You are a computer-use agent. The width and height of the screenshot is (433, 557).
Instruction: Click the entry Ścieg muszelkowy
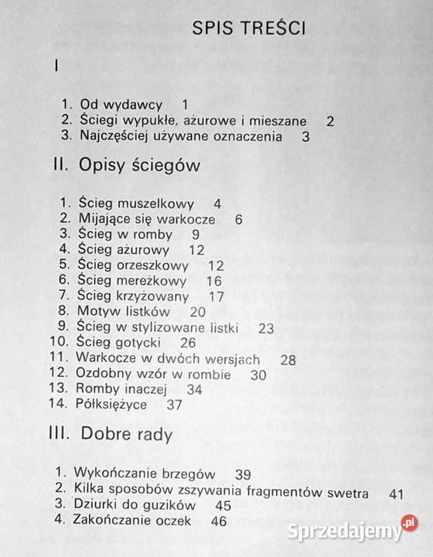coord(135,204)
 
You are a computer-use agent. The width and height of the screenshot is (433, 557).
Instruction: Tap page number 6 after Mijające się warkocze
coord(239,220)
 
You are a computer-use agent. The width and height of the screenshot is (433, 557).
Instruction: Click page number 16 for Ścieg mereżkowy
coord(214,281)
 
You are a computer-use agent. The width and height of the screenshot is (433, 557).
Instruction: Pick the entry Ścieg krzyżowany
coord(134,296)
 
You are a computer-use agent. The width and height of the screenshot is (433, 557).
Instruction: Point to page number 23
coord(266,328)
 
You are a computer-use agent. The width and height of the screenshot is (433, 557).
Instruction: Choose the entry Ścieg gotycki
coord(119,343)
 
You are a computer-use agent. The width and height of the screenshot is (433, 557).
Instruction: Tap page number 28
coord(288,359)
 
